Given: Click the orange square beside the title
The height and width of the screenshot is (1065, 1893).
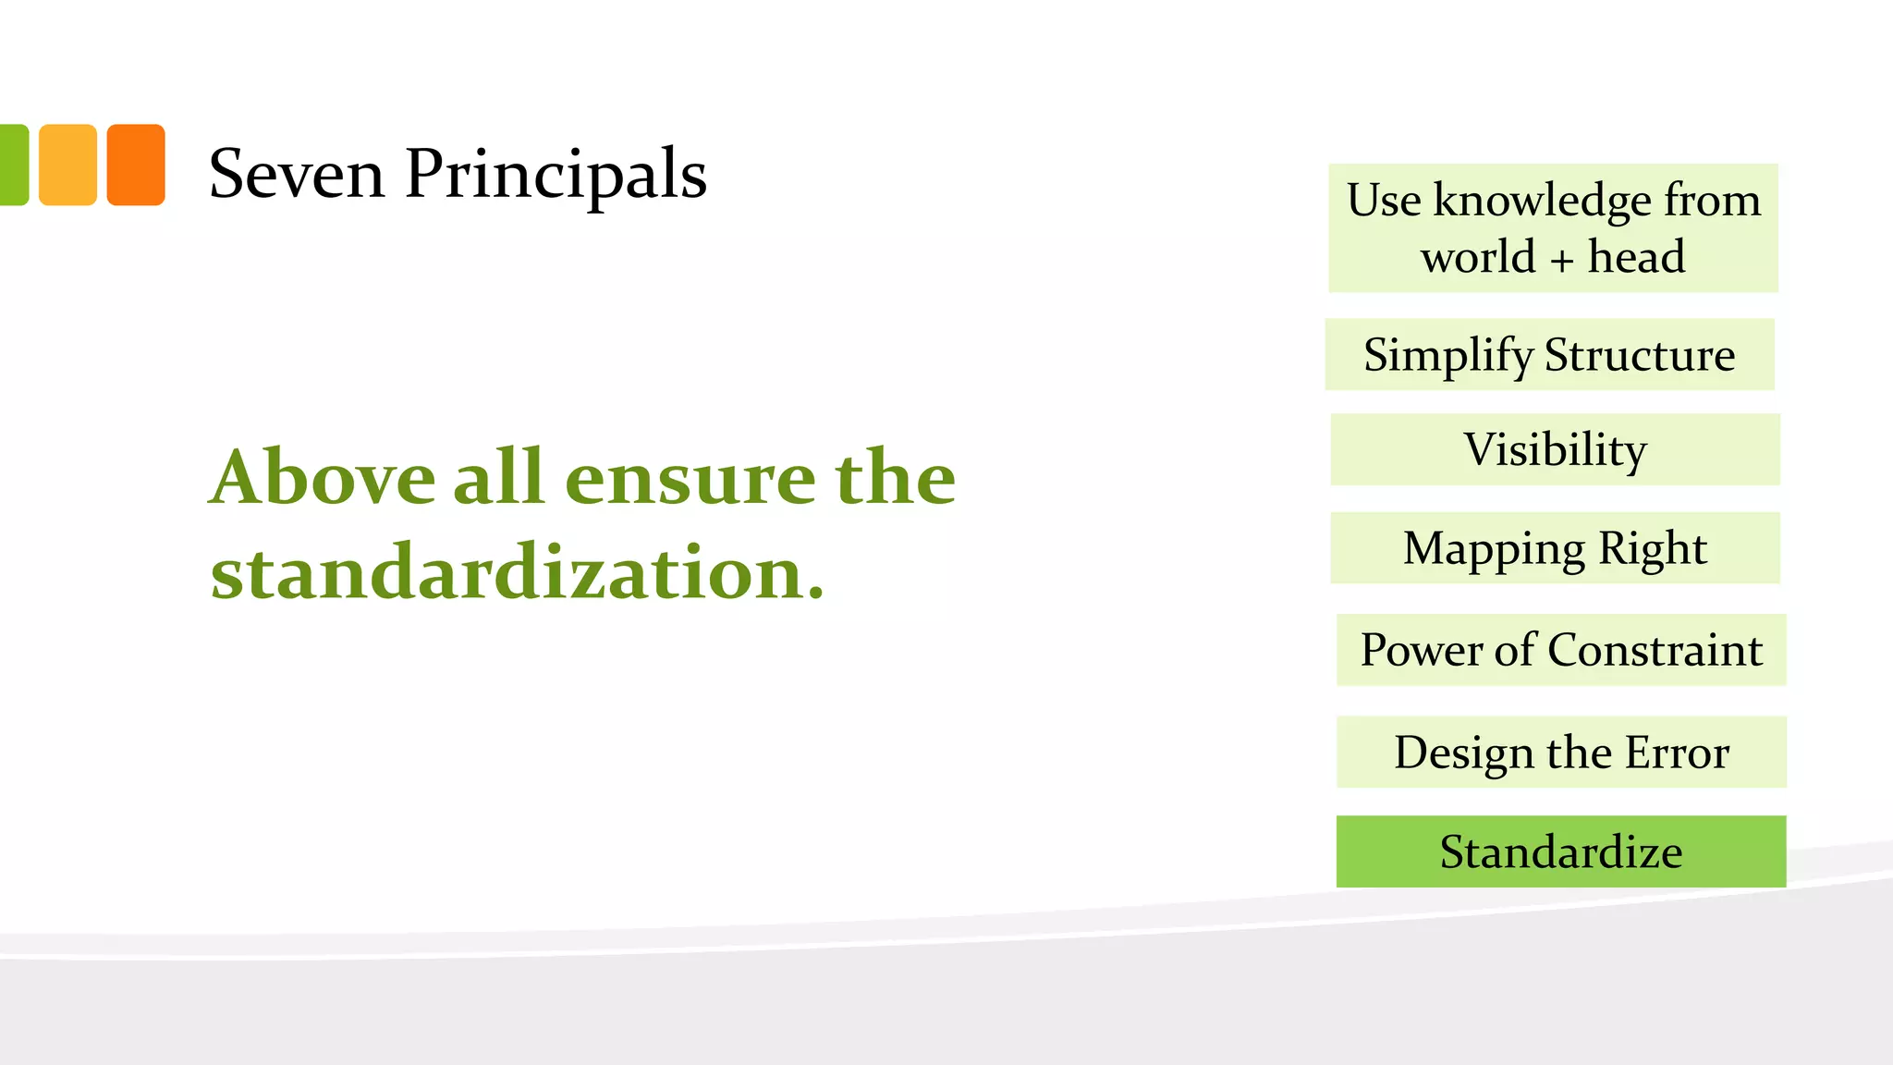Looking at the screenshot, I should pyautogui.click(x=136, y=165).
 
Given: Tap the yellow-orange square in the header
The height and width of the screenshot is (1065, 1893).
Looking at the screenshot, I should pyautogui.click(x=67, y=165).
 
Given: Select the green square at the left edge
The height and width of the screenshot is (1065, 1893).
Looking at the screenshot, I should pyautogui.click(x=13, y=165).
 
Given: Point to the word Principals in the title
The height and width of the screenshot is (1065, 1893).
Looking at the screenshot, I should pyautogui.click(x=556, y=176).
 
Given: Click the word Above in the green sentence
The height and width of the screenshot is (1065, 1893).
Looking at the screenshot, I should pyautogui.click(x=322, y=478).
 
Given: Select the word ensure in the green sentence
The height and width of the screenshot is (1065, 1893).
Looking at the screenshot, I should pyautogui.click(x=690, y=478).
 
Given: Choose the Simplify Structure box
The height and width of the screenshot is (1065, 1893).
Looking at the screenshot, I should pyautogui.click(x=1549, y=355).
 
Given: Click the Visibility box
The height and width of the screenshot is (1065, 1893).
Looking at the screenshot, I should pyautogui.click(x=1555, y=450).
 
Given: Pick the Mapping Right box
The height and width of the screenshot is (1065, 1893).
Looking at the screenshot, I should pyautogui.click(x=1555, y=548).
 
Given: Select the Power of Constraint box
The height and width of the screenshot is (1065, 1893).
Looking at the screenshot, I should pyautogui.click(x=1561, y=650).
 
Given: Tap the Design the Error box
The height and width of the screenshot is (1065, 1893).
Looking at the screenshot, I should pyautogui.click(x=1561, y=753).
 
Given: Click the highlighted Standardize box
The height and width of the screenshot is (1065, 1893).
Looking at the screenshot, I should pyautogui.click(x=1561, y=851).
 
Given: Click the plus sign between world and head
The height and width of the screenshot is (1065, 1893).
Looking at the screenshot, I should pyautogui.click(x=1561, y=260).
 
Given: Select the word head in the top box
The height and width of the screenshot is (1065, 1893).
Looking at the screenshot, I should pyautogui.click(x=1636, y=256).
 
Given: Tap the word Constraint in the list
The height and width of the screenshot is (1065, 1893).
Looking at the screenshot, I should pyautogui.click(x=1655, y=650).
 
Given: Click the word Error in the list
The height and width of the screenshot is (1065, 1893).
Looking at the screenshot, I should pyautogui.click(x=1677, y=753).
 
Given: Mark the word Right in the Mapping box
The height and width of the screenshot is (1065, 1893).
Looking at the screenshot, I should pyautogui.click(x=1652, y=548).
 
